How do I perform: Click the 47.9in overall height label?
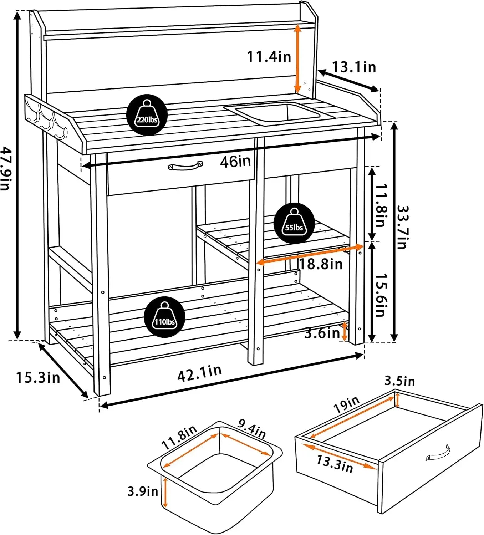(x=5, y=168)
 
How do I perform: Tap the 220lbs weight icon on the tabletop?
(x=147, y=115)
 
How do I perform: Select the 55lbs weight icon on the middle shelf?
(x=294, y=223)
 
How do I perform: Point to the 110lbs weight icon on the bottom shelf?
(x=164, y=317)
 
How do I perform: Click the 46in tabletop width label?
(x=235, y=162)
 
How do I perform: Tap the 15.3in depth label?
(x=38, y=377)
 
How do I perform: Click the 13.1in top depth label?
(x=354, y=67)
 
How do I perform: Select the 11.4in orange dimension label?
(x=269, y=56)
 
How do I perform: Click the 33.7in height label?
(x=402, y=227)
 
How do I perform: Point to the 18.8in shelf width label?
(x=320, y=264)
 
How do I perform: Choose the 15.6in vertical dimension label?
(x=381, y=295)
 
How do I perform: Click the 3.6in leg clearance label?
(x=322, y=333)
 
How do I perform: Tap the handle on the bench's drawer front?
(x=185, y=166)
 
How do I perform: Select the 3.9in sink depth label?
(x=143, y=491)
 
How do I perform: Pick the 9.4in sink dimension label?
(x=252, y=429)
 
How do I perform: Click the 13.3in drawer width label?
(x=335, y=464)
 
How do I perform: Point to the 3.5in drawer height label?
(x=399, y=381)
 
